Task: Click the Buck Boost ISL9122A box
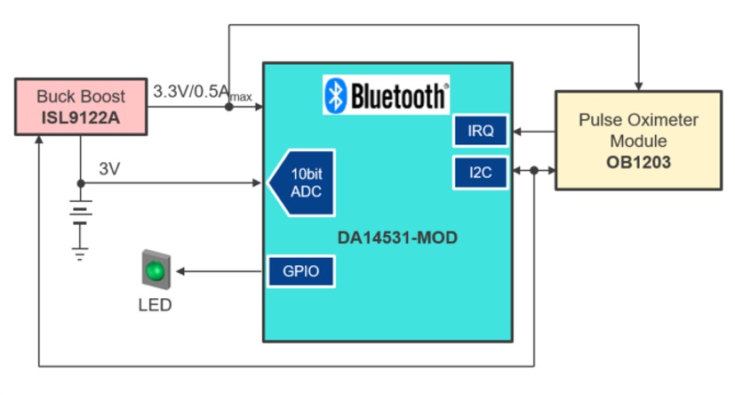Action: coord(81,107)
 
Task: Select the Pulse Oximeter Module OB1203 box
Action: coord(637,140)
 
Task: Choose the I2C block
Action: coord(480,172)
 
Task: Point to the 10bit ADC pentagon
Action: coord(302,183)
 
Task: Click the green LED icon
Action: coord(156,270)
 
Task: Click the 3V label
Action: coord(109,168)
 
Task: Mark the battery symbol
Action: coord(81,214)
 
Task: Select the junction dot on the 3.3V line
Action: coord(229,107)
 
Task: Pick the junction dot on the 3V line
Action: coord(81,183)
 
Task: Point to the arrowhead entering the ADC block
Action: coord(257,183)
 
